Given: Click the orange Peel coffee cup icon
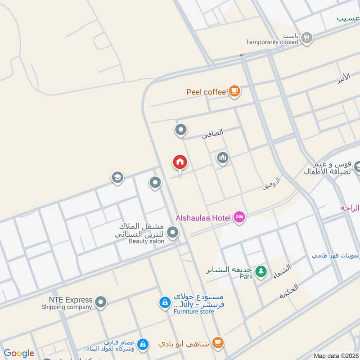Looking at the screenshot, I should (234, 91).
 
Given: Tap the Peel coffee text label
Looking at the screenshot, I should (206, 92).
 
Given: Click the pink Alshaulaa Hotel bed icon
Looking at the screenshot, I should (239, 218).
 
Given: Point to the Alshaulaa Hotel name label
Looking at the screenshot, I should (203, 218).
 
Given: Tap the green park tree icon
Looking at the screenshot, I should (260, 271).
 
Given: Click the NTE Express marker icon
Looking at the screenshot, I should (101, 302).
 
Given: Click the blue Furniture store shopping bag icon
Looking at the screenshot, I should (165, 303).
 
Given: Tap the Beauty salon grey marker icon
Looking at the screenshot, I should (172, 233).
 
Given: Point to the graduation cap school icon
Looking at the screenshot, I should (117, 178).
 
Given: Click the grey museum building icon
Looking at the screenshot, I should (222, 158).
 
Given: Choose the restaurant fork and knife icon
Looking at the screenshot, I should (307, 38).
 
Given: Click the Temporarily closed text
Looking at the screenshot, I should (272, 42).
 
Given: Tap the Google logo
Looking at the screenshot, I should (19, 353).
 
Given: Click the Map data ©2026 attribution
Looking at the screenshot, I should (336, 356).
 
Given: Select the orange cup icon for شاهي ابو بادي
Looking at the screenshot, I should (217, 342).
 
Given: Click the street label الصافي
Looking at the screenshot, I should (212, 133).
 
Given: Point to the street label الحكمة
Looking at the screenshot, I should (289, 292).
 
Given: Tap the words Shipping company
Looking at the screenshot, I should (67, 307).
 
